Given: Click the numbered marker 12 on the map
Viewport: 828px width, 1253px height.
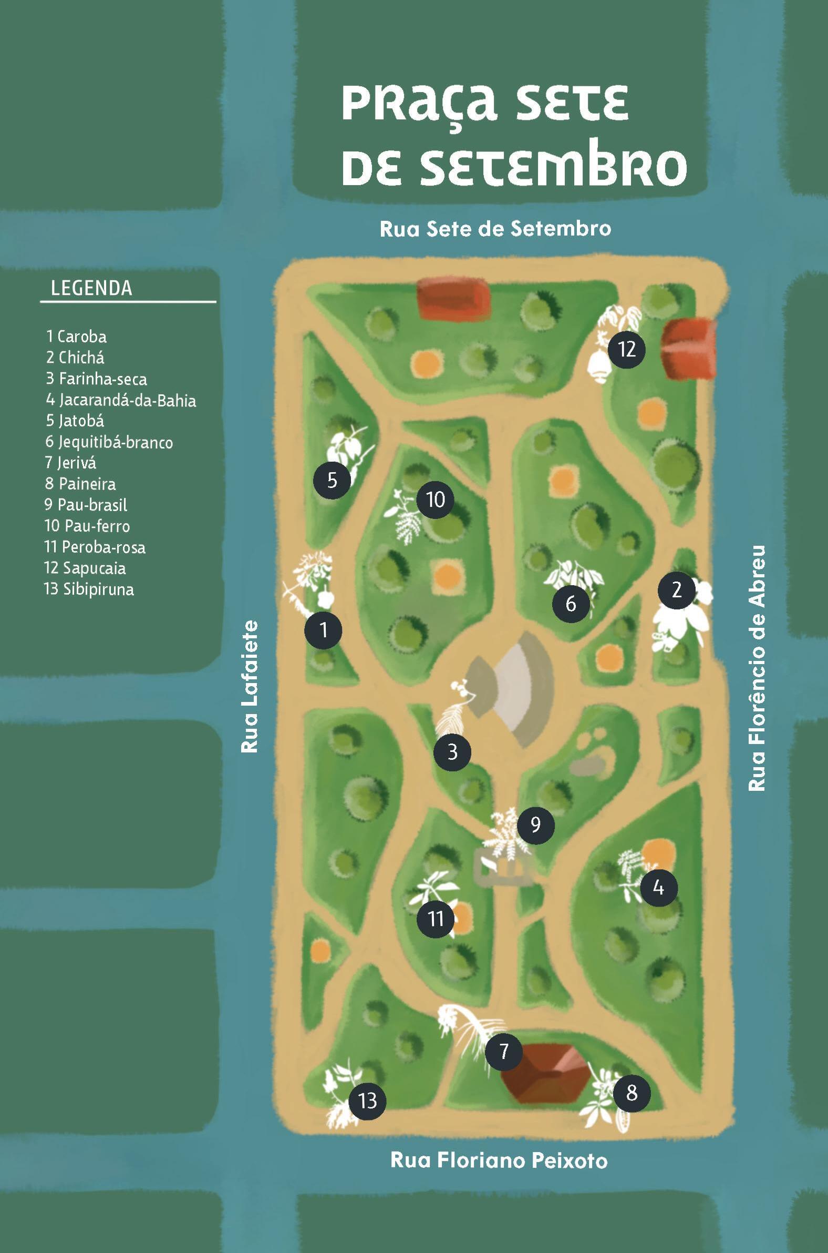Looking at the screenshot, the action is pyautogui.click(x=626, y=349).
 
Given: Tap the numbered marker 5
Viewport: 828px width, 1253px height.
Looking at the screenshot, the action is pyautogui.click(x=332, y=481).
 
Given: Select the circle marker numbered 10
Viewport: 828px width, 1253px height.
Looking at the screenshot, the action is pyautogui.click(x=435, y=500).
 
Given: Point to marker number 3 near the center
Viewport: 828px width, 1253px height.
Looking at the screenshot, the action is pyautogui.click(x=452, y=752).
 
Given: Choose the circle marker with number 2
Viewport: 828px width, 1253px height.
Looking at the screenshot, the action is pyautogui.click(x=677, y=590).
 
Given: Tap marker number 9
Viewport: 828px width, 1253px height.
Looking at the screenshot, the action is pyautogui.click(x=535, y=825).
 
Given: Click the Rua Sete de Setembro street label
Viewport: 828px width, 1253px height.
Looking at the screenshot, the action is pyautogui.click(x=495, y=229).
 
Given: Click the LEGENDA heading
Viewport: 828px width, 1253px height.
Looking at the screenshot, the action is pyautogui.click(x=91, y=289).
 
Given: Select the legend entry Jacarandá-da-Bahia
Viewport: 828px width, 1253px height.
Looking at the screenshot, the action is pyautogui.click(x=121, y=400).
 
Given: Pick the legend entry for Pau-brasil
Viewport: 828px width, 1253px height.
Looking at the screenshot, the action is pyautogui.click(x=86, y=505).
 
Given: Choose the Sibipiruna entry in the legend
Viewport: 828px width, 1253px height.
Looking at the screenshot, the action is pyautogui.click(x=89, y=589).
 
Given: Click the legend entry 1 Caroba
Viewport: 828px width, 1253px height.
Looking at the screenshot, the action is pyautogui.click(x=77, y=337).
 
